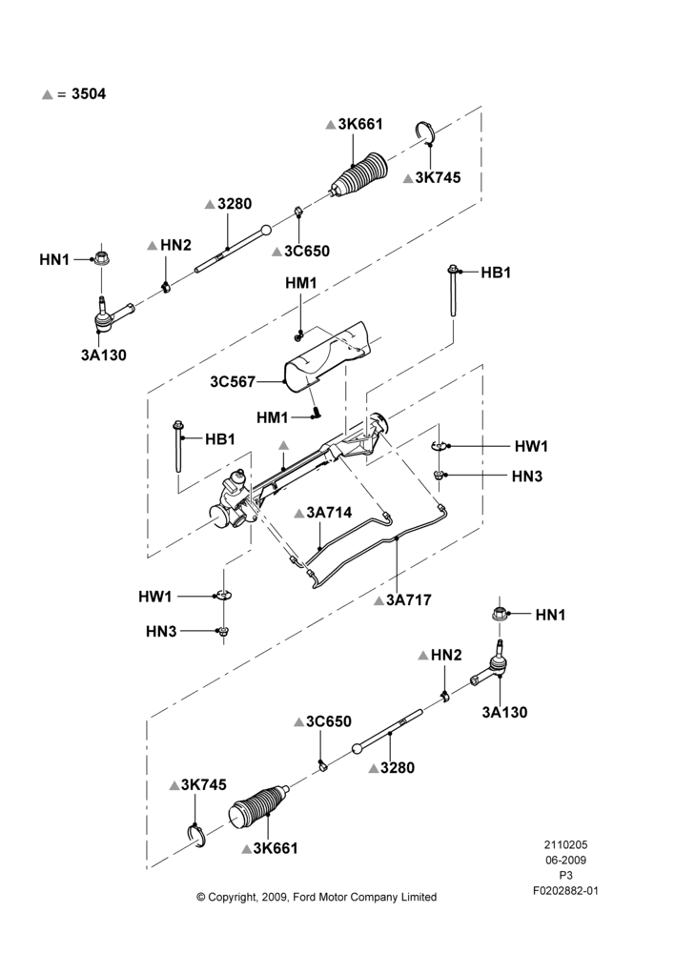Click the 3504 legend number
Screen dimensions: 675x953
(89, 94)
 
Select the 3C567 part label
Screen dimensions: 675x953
(233, 382)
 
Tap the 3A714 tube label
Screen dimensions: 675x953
(329, 513)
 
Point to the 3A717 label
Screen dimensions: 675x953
(409, 599)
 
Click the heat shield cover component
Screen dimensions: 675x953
(328, 358)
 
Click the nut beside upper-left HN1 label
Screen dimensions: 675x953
(102, 257)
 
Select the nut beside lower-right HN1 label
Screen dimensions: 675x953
(500, 614)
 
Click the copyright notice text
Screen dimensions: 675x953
(317, 897)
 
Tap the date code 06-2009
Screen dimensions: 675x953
(565, 860)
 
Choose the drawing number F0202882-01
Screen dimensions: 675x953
(565, 891)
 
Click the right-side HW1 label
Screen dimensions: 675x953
(531, 446)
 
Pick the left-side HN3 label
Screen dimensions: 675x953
(161, 632)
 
